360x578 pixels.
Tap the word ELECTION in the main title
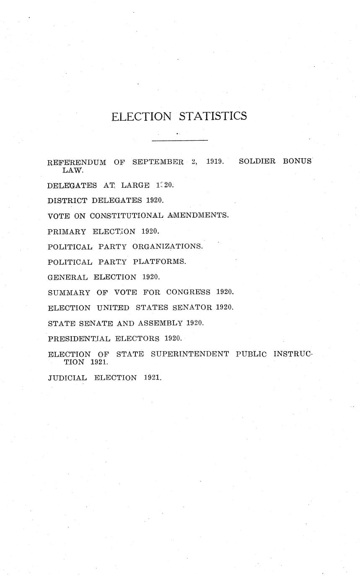point(141,116)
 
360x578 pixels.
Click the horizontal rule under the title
point(180,140)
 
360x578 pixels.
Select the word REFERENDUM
point(77,162)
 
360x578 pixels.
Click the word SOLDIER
point(257,161)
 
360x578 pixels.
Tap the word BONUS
point(297,161)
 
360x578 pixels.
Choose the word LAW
point(73,170)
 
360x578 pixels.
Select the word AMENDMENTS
point(198,216)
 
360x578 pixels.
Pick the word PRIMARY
point(67,231)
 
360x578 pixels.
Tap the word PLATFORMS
point(159,262)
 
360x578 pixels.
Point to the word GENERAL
point(68,277)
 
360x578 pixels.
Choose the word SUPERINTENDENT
point(189,354)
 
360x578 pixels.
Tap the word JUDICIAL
point(67,378)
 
